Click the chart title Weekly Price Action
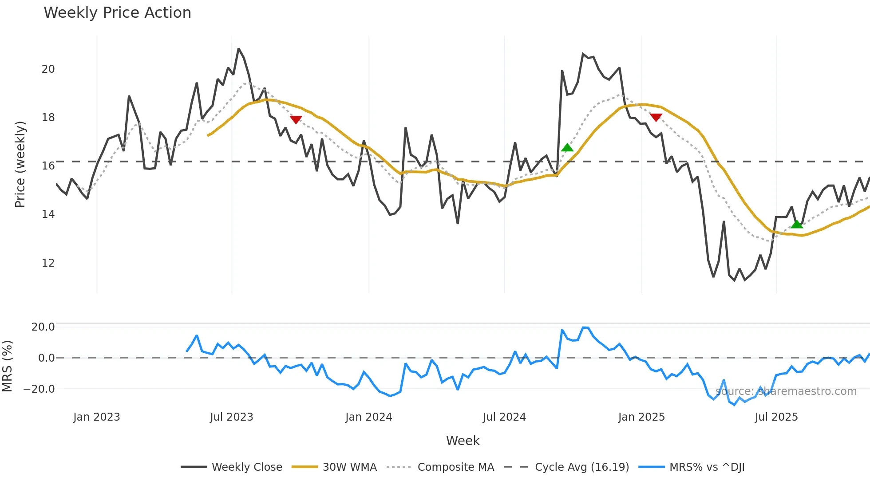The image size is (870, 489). (x=117, y=13)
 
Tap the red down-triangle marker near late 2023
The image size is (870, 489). (x=296, y=120)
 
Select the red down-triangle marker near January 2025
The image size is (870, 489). (x=656, y=117)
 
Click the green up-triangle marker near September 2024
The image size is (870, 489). (x=567, y=148)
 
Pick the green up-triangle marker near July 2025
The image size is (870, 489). (x=797, y=225)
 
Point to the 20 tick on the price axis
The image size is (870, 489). (x=48, y=69)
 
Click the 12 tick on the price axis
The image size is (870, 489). (x=48, y=263)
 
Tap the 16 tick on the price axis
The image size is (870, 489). (x=48, y=166)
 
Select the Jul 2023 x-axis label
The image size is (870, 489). (x=231, y=417)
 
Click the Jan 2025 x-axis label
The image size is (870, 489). (x=641, y=417)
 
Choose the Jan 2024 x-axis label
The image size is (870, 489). (x=368, y=417)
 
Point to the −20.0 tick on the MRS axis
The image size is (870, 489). (x=39, y=389)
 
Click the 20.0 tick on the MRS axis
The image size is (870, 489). (x=43, y=327)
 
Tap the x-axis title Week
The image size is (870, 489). (x=463, y=441)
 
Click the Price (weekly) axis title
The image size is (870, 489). (x=20, y=164)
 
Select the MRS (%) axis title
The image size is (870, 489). (x=8, y=366)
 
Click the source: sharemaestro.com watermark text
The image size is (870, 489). (x=786, y=391)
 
